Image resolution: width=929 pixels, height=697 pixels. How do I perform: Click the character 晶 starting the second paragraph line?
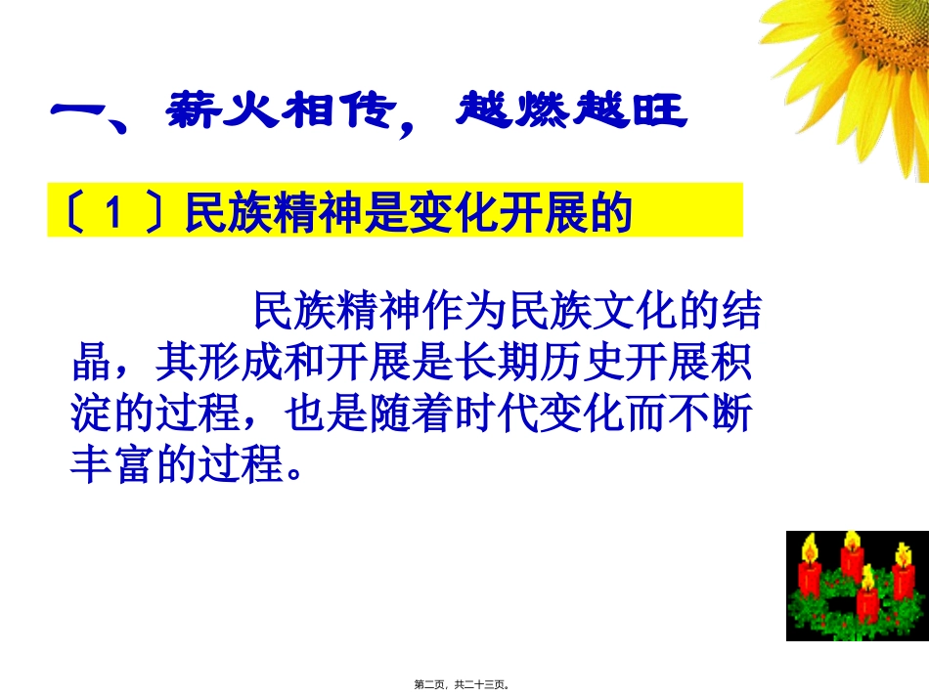[x=91, y=365]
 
